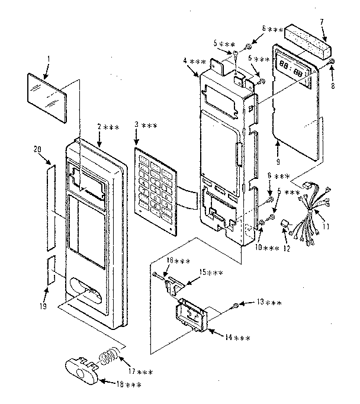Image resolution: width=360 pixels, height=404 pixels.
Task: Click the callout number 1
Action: [x=49, y=60]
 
